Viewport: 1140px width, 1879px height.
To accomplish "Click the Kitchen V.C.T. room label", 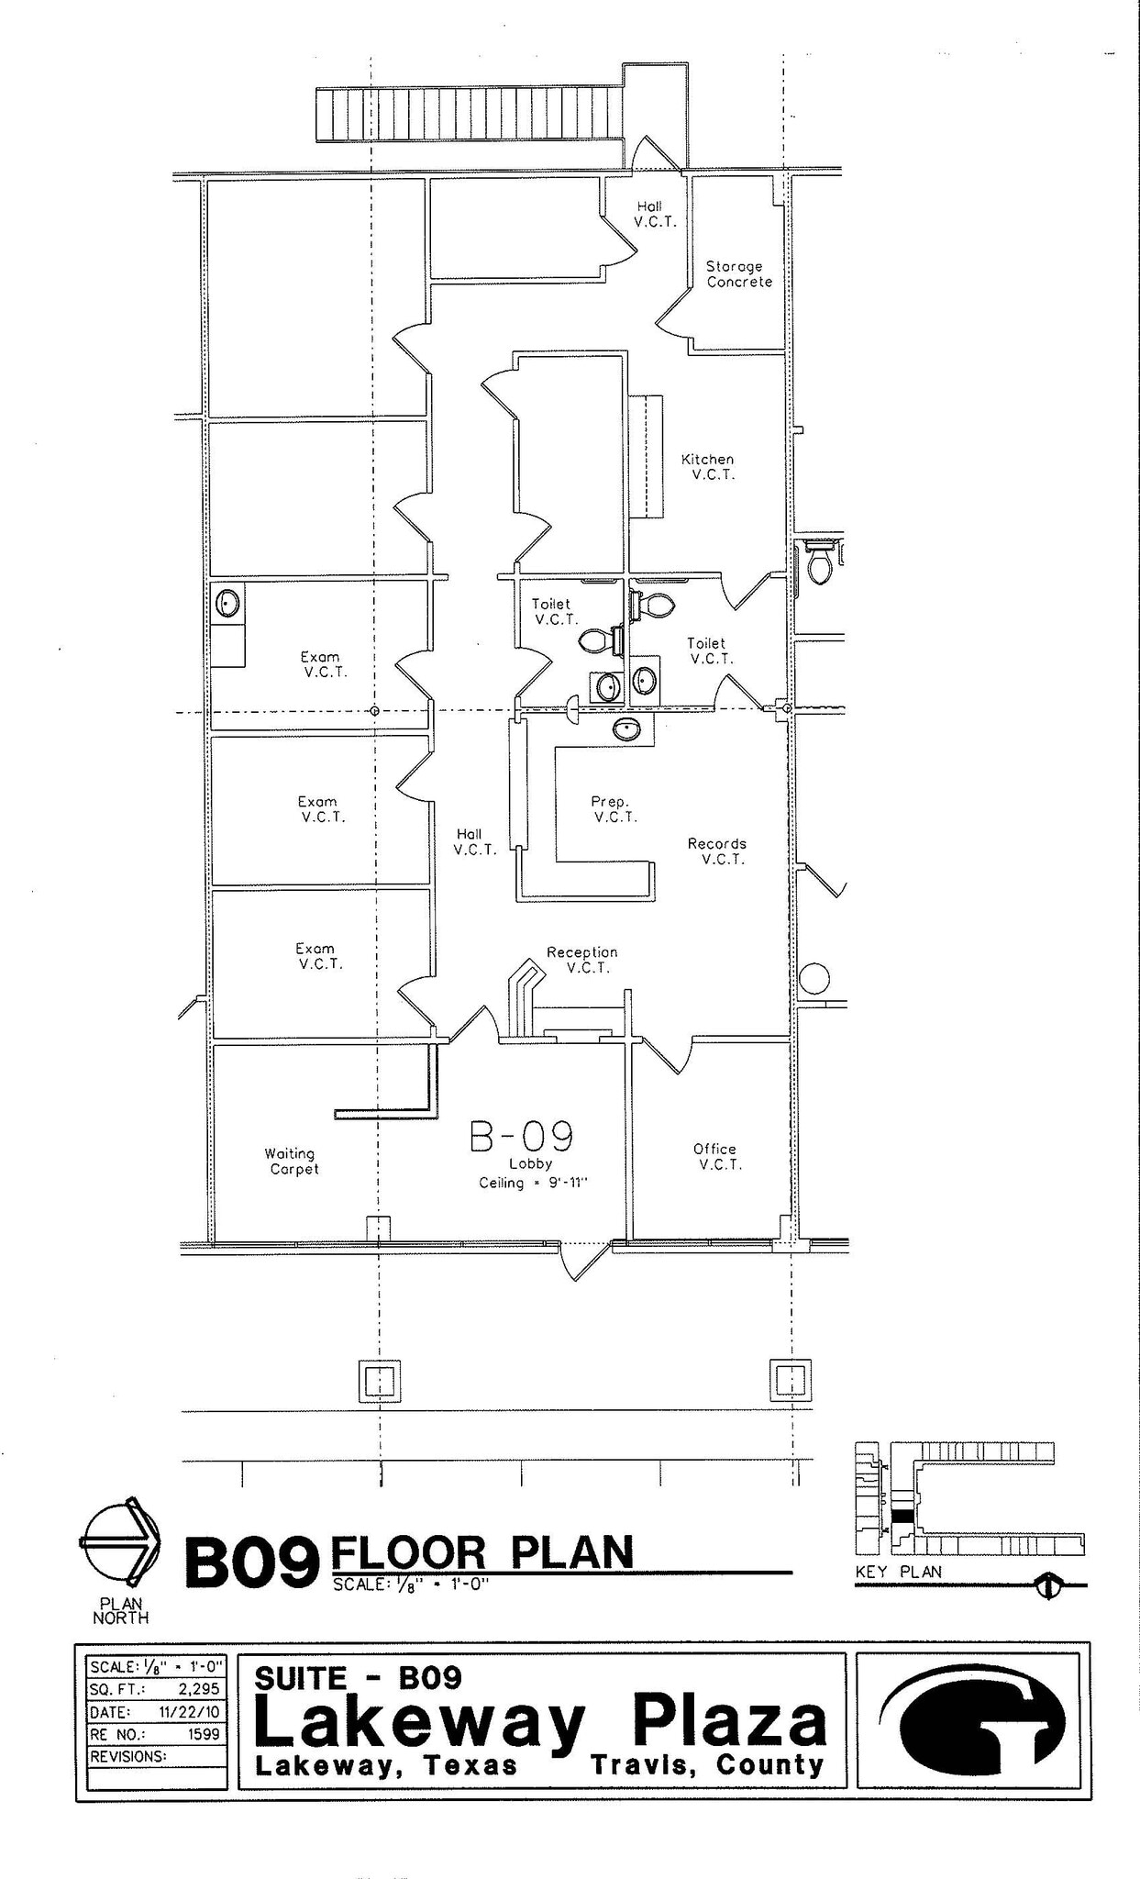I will (708, 467).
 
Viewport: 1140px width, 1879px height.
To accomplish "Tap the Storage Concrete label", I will (738, 274).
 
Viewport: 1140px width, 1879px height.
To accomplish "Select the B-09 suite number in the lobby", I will (522, 1137).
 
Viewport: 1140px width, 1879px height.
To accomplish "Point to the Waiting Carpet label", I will (292, 1162).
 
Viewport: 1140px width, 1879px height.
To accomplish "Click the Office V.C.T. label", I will (716, 1157).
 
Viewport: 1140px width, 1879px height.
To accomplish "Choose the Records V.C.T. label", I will (718, 851).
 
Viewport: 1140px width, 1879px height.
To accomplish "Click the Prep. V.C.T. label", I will (613, 809).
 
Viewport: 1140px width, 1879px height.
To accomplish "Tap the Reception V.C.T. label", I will (582, 960).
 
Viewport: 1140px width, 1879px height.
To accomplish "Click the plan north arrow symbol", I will (120, 1544).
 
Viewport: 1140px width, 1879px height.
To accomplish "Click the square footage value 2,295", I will (200, 1688).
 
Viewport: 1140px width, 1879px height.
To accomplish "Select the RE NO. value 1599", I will (204, 1734).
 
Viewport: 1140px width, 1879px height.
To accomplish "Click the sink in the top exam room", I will (227, 604).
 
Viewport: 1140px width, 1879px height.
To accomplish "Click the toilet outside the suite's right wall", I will (819, 563).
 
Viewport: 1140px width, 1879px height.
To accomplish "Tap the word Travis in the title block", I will (641, 1765).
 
